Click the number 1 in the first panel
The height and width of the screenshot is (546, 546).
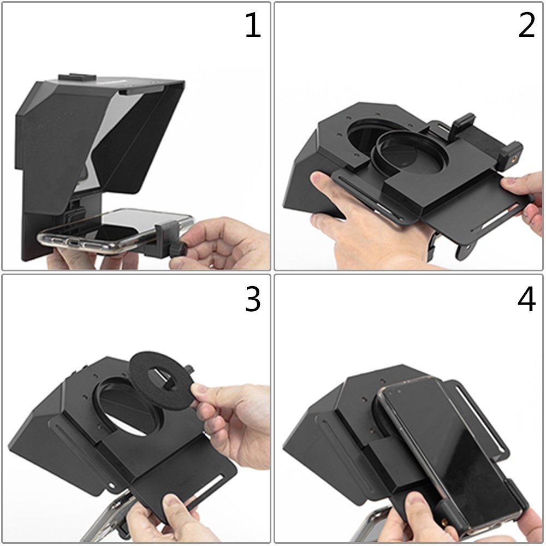(253, 26)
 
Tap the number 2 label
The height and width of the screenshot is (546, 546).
(526, 26)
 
